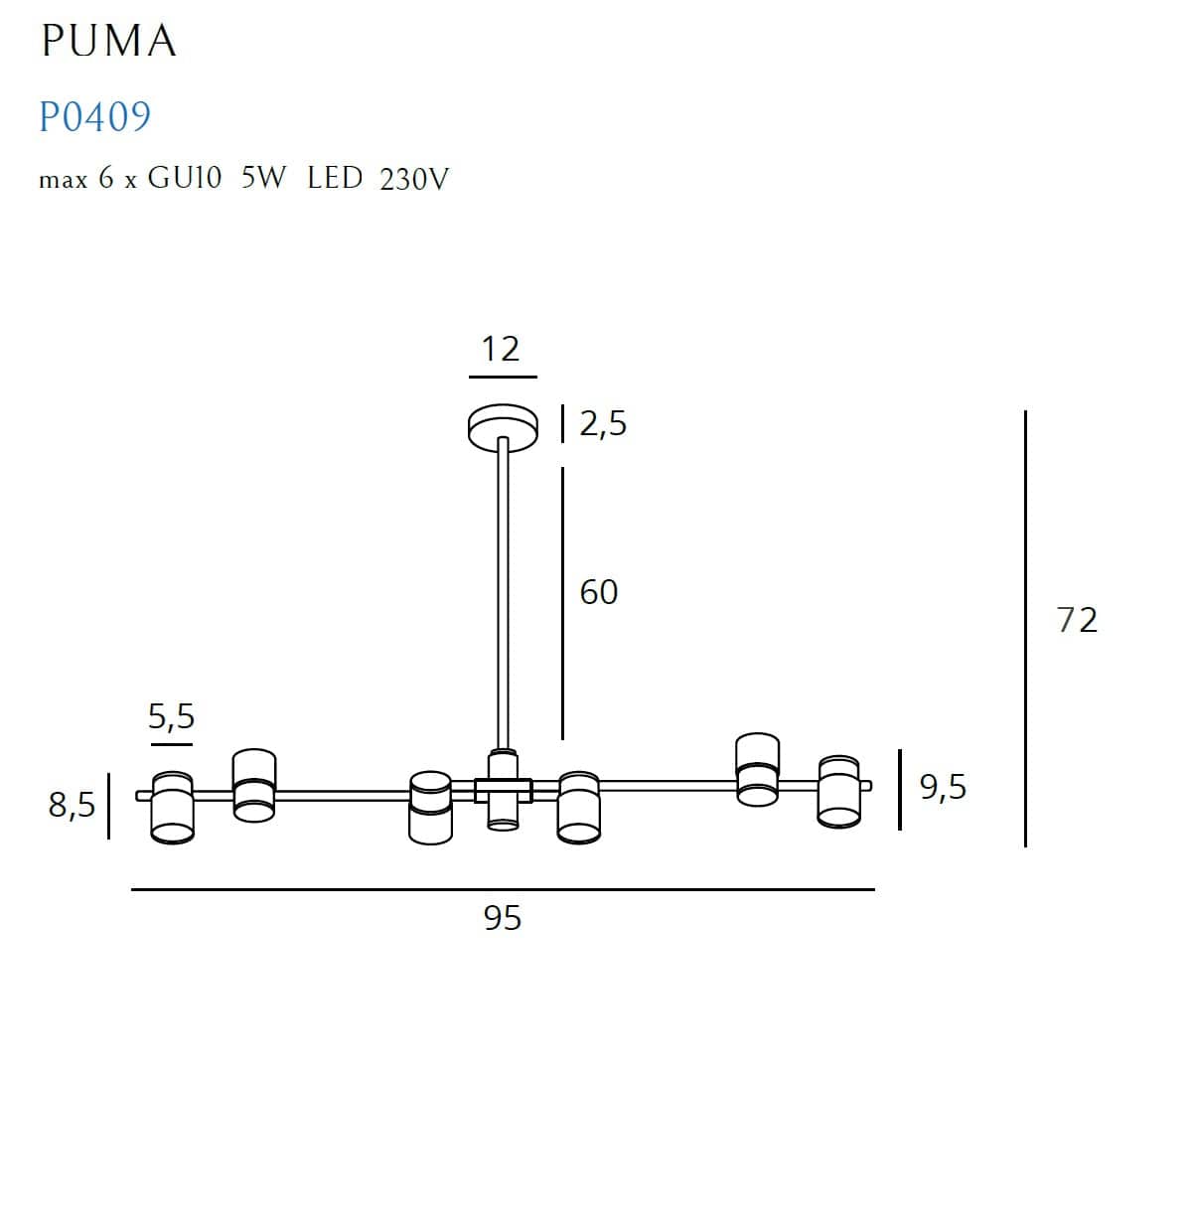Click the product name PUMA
108,42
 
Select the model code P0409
94,117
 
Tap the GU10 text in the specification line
184,179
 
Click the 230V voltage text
414,180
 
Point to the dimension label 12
501,350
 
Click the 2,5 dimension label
603,424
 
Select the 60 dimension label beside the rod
599,592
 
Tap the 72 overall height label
1077,620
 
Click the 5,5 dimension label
171,716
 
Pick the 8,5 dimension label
72,805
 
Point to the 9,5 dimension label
943,787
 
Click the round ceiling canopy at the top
503,425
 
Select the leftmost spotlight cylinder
171,806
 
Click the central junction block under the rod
503,790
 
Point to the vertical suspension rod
503,596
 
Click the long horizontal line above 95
502,889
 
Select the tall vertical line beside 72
1025,628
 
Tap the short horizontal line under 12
503,378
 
